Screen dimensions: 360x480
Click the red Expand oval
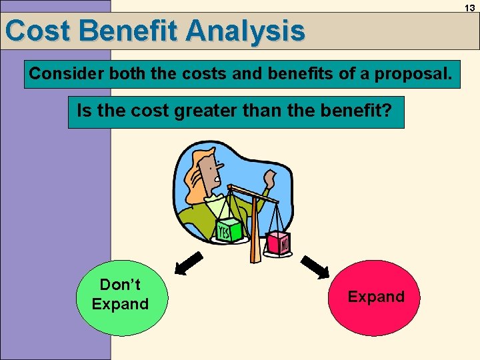pyautogui.click(x=376, y=297)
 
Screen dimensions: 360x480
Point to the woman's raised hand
pyautogui.click(x=269, y=179)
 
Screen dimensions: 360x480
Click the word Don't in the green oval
pyautogui.click(x=120, y=285)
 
